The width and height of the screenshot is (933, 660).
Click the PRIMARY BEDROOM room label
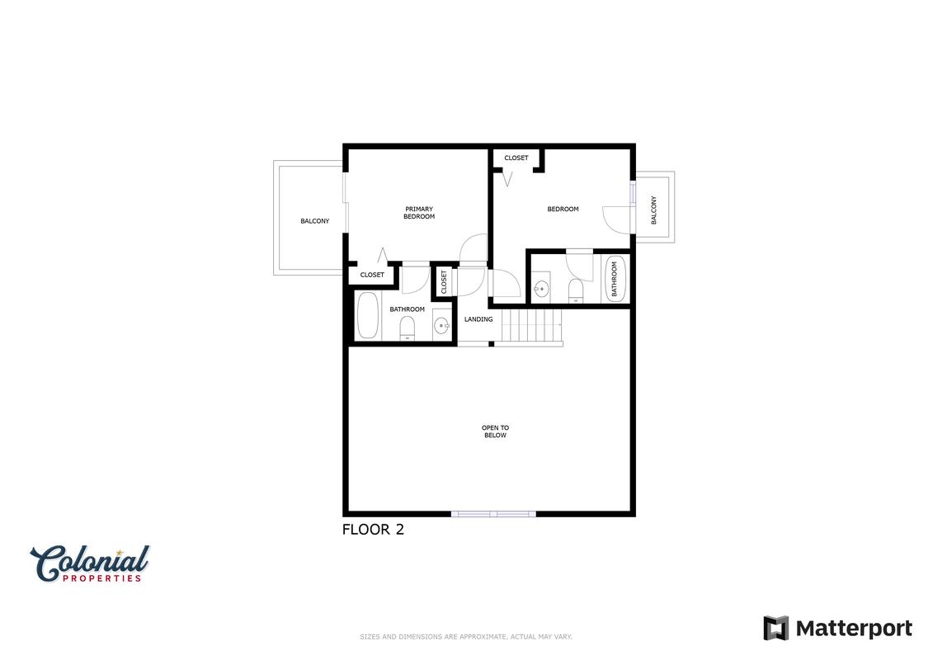pyautogui.click(x=419, y=213)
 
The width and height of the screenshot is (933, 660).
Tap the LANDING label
pyautogui.click(x=478, y=319)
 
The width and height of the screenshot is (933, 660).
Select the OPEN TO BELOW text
pyautogui.click(x=495, y=431)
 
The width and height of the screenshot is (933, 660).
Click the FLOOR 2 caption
pyautogui.click(x=373, y=529)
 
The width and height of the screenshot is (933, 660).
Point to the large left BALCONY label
pyautogui.click(x=315, y=221)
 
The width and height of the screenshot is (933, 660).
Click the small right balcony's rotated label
pyautogui.click(x=654, y=210)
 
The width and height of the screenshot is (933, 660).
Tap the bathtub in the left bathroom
pyautogui.click(x=368, y=315)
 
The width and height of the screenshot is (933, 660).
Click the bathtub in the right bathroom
pyautogui.click(x=615, y=279)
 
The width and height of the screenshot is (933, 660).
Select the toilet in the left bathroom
pyautogui.click(x=407, y=328)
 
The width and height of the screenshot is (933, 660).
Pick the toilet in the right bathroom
pyautogui.click(x=575, y=291)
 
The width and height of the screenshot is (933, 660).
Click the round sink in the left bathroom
pyautogui.click(x=441, y=325)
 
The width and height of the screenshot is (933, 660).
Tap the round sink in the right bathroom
pyautogui.click(x=541, y=290)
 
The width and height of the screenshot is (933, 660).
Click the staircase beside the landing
pyautogui.click(x=531, y=325)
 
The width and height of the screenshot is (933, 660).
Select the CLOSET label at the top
pyautogui.click(x=516, y=158)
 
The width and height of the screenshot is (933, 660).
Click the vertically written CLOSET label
pyautogui.click(x=444, y=282)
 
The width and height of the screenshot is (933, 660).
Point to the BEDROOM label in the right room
pyautogui.click(x=563, y=210)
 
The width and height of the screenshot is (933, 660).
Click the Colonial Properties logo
pyautogui.click(x=90, y=563)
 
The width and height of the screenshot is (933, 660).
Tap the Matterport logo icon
pyautogui.click(x=776, y=629)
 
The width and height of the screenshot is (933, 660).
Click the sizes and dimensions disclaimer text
pyautogui.click(x=466, y=637)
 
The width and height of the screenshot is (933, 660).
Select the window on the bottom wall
pyautogui.click(x=493, y=514)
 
